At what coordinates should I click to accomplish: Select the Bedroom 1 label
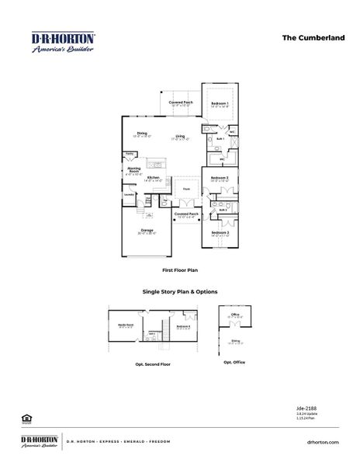[x=220, y=103]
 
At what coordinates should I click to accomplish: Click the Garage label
[x=147, y=231]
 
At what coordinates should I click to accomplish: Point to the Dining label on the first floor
[x=142, y=134]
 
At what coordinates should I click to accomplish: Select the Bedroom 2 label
[x=220, y=178]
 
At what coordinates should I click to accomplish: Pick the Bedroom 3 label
[x=220, y=231]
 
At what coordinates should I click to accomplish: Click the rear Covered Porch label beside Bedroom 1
[x=181, y=102]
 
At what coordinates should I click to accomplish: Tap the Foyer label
[x=186, y=189]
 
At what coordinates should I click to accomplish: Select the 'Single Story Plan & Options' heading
[x=179, y=292]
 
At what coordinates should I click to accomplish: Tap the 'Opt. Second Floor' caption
[x=153, y=363]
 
